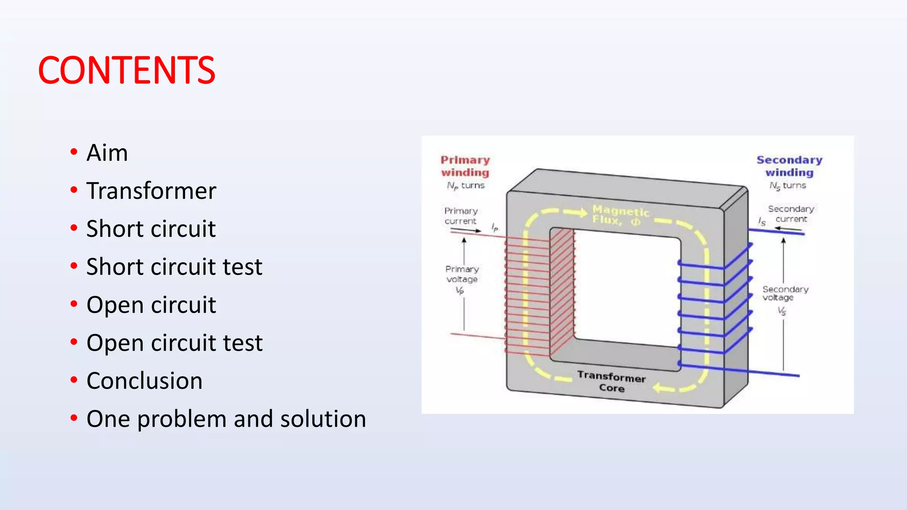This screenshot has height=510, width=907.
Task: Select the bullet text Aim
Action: click(107, 153)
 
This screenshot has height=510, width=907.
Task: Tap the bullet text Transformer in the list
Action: click(151, 191)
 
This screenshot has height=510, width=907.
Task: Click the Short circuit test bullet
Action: click(174, 267)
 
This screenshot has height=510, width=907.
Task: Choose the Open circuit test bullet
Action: click(174, 343)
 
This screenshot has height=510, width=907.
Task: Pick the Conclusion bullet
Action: click(144, 381)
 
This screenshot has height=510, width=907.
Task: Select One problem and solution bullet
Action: click(226, 419)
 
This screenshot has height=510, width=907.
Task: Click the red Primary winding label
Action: click(465, 166)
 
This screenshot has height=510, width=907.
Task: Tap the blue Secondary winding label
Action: click(789, 166)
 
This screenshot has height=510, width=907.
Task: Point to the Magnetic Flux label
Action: click(620, 215)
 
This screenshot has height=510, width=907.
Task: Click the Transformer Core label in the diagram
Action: click(611, 382)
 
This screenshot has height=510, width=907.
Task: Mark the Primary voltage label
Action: click(462, 274)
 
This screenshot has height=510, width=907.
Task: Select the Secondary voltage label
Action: click(785, 293)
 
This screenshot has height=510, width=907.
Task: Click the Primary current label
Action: click(461, 216)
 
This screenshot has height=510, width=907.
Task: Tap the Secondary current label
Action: click(791, 213)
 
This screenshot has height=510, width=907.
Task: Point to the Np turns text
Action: click(465, 185)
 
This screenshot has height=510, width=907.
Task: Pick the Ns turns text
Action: click(787, 185)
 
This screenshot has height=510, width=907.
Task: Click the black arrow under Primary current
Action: click(466, 230)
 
